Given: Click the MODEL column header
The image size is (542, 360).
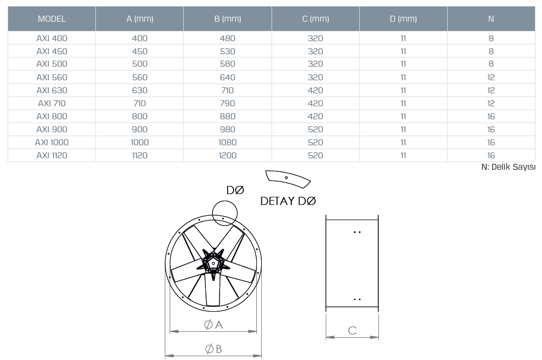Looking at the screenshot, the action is pyautogui.click(x=51, y=18).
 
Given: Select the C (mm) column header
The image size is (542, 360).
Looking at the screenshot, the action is pyautogui.click(x=315, y=18).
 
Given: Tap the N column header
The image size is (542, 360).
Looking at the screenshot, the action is pyautogui.click(x=491, y=18).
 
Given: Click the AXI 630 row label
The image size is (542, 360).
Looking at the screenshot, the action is pyautogui.click(x=52, y=90).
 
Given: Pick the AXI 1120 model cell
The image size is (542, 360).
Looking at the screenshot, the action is pyautogui.click(x=52, y=155).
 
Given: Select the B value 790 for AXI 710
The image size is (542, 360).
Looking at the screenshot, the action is pyautogui.click(x=228, y=104).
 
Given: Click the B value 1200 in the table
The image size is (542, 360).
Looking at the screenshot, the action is pyautogui.click(x=228, y=155).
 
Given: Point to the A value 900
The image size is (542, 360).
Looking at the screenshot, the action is pyautogui.click(x=140, y=130).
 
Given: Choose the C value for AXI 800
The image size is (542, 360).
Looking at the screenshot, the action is pyautogui.click(x=315, y=116).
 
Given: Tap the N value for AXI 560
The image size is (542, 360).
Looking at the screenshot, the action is pyautogui.click(x=491, y=78).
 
